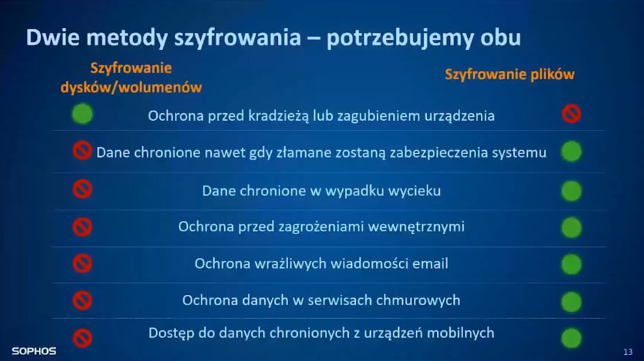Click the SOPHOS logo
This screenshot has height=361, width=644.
pos(34,351)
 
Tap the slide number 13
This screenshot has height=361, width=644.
pos(628,351)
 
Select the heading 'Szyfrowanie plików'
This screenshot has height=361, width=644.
pos(509,74)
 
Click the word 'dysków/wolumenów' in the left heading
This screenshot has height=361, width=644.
pos(131,87)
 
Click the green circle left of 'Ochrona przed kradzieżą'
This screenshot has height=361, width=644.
pos(82,114)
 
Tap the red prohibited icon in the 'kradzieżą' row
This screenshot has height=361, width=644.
pos(572,114)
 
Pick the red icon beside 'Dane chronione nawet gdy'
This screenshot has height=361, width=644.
pos(82,151)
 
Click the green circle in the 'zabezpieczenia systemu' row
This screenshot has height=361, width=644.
pos(572,151)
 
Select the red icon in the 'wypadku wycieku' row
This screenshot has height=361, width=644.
pos(82,189)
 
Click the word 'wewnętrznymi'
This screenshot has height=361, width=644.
pos(416,227)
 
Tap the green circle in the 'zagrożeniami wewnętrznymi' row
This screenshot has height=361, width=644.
pos(572,228)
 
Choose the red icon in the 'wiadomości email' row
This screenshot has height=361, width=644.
pos(82,263)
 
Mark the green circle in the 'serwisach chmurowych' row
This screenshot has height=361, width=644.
pos(572,302)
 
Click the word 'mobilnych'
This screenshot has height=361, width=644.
pos(461,333)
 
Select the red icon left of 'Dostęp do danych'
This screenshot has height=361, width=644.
pos(82,338)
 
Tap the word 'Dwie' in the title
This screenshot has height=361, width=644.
pos(53,37)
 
